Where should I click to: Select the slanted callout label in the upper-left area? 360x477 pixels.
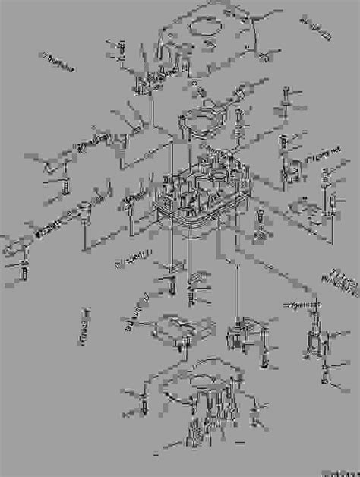(57, 63)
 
